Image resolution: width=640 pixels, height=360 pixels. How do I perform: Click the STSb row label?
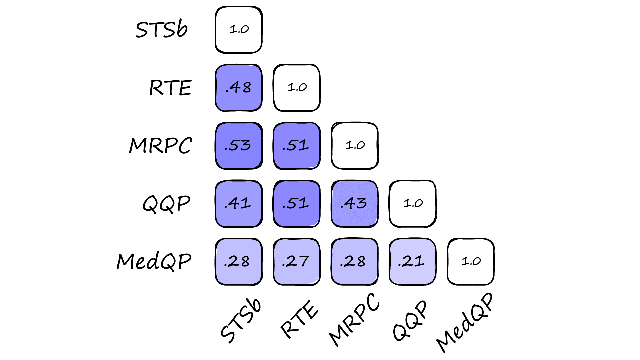[162, 29]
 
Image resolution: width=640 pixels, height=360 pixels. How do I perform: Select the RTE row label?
[170, 88]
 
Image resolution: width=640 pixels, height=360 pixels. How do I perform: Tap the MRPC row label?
[161, 146]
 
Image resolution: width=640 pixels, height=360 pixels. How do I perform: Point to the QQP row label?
[166, 204]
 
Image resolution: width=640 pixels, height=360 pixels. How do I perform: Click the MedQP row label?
[154, 261]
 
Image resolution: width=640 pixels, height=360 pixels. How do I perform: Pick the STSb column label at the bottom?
[241, 320]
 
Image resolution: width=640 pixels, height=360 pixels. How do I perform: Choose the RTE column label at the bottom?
[299, 319]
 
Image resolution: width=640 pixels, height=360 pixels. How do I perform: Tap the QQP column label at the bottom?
[410, 320]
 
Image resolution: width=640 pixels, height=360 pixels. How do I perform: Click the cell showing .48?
[239, 88]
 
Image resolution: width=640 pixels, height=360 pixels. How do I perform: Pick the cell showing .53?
[239, 146]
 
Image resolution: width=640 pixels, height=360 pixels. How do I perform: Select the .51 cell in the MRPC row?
[297, 146]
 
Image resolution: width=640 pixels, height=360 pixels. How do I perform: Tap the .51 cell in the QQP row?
[297, 204]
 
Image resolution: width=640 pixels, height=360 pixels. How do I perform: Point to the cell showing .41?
[239, 204]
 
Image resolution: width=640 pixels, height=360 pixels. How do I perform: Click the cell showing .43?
[355, 204]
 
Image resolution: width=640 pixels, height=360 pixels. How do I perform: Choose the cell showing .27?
[297, 262]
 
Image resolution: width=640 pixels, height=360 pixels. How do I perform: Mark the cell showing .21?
[413, 262]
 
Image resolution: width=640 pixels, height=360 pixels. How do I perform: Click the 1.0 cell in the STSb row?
[239, 30]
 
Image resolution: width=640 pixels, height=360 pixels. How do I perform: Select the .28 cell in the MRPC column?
[355, 262]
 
